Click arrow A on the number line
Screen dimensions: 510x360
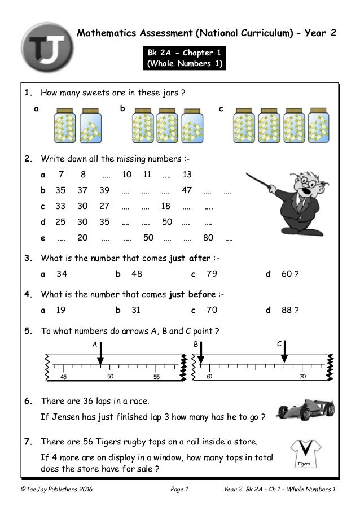click(100, 354)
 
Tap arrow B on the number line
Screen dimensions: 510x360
click(200, 354)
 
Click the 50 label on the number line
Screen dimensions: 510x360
click(111, 376)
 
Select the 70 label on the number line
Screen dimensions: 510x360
click(302, 376)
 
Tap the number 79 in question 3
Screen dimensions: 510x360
click(212, 274)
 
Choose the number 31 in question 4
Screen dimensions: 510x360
click(136, 310)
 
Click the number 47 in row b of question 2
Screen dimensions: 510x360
click(187, 190)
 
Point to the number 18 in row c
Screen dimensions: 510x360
click(166, 206)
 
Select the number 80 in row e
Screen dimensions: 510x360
click(208, 238)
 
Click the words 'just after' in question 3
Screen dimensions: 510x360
click(189, 259)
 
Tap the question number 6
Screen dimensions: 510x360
click(28, 402)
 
